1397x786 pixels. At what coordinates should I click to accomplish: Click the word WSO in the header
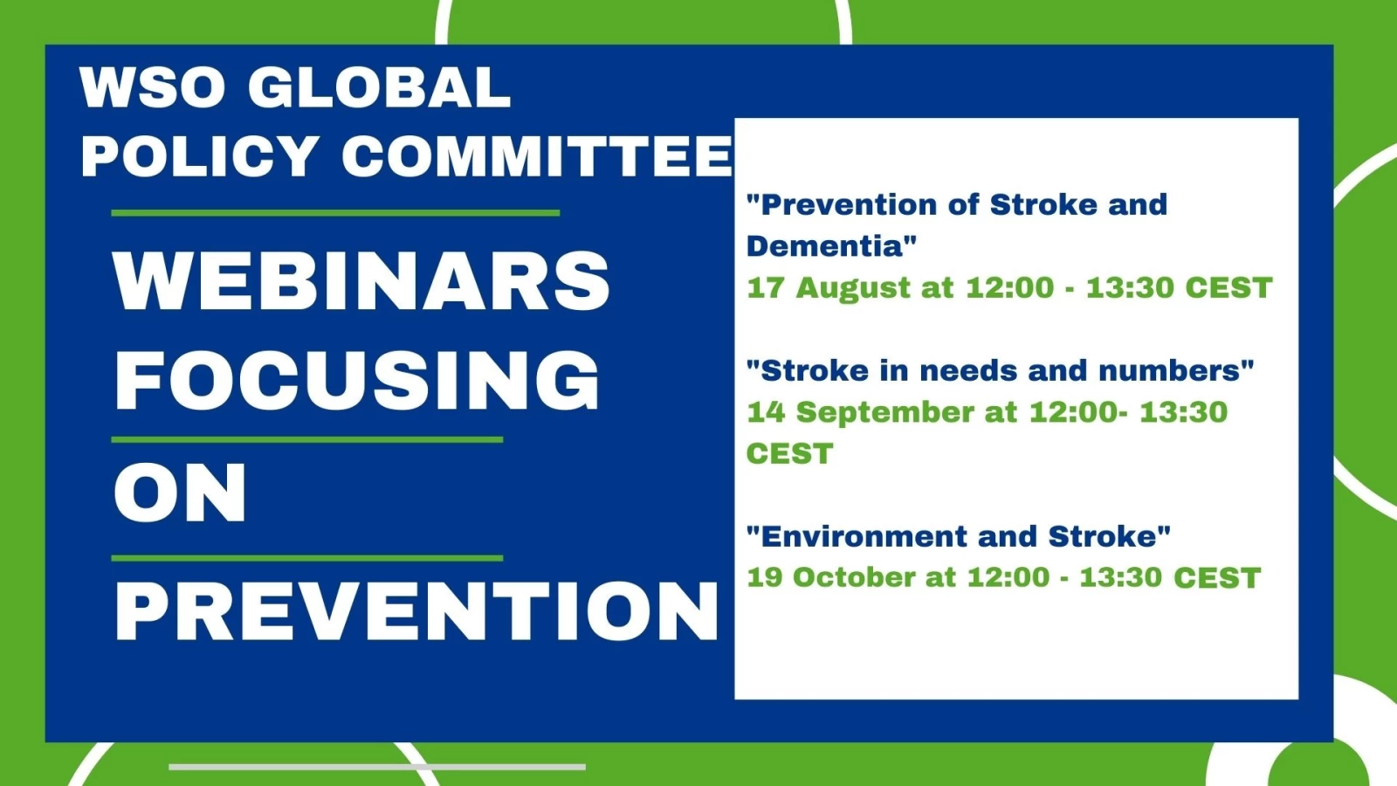(153, 87)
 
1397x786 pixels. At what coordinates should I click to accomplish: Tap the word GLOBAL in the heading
(380, 87)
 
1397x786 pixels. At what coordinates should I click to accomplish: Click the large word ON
(180, 493)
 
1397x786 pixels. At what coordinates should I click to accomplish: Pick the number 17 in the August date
(765, 287)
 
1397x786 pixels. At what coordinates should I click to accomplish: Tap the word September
(885, 413)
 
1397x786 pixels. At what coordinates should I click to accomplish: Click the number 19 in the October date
(765, 577)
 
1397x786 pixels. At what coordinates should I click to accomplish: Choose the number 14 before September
(766, 412)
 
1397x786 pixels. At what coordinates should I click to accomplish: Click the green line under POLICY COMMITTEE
(335, 213)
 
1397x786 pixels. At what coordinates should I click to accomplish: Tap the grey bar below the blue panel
(376, 767)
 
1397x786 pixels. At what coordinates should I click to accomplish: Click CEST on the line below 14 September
(789, 453)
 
